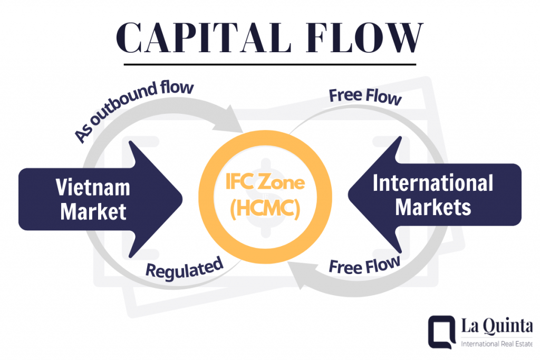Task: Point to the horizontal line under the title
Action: point(270,65)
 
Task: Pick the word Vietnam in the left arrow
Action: point(93,188)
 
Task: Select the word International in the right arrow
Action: point(432,183)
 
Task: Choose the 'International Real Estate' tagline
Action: point(496,344)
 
